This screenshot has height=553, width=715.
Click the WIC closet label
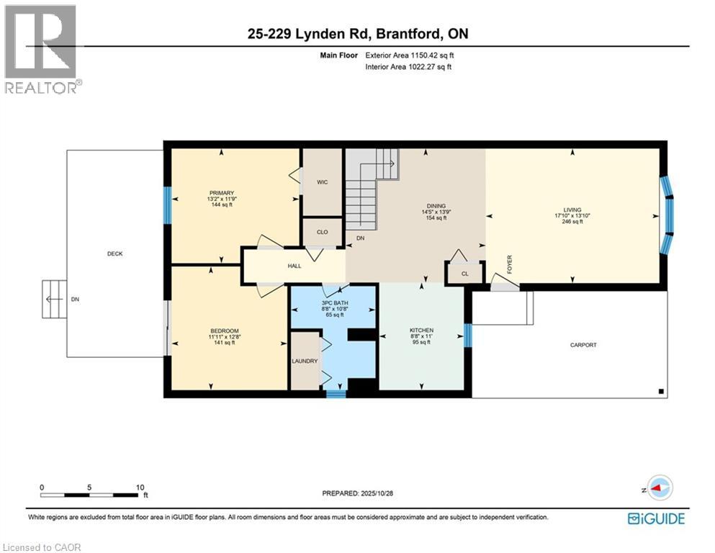[x=322, y=182]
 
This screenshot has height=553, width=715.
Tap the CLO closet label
[x=322, y=232]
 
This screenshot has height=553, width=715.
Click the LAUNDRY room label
[x=305, y=361]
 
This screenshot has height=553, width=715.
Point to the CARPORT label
[x=583, y=345]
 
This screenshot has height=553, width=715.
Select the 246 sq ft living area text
[x=572, y=222]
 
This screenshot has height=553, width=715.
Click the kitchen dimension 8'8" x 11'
[x=421, y=336]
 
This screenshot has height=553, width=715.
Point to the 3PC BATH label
[x=333, y=302]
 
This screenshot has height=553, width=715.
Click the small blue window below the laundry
[x=336, y=394]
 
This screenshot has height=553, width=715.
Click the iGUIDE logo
[x=655, y=518]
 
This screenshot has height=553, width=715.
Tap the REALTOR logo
[x=42, y=49]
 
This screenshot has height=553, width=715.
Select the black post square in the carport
[x=660, y=391]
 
